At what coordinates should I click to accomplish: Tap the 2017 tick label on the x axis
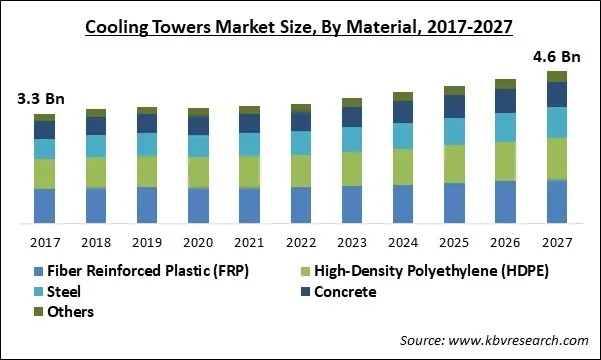point(44,243)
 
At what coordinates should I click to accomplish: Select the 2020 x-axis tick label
point(198,243)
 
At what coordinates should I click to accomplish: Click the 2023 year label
point(352,243)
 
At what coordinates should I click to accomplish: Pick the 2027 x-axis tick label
point(557,243)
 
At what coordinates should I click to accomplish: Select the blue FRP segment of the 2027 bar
point(557,201)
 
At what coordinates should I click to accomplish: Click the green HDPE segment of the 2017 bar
point(44,174)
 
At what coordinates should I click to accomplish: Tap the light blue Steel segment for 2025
point(454,132)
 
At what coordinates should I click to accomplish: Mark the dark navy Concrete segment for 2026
point(506,101)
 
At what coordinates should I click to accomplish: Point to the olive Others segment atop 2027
point(557,77)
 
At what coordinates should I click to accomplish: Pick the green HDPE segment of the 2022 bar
point(301,171)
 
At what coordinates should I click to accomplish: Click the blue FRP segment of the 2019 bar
point(147,204)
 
